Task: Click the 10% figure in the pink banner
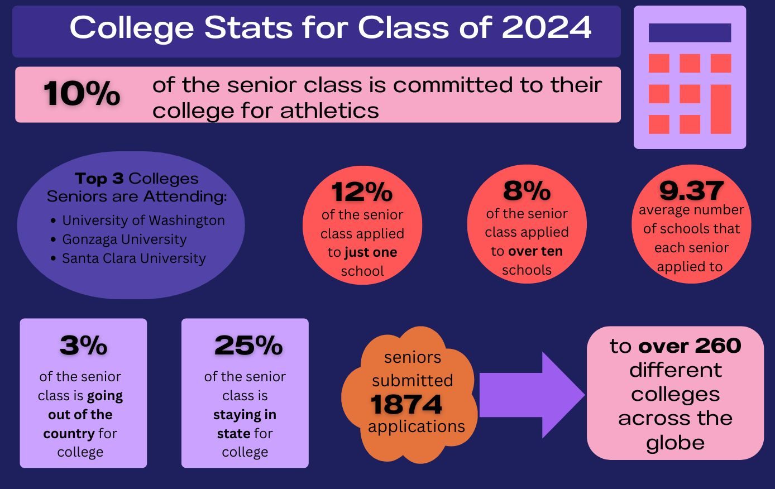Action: [82, 93]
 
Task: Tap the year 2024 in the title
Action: [546, 27]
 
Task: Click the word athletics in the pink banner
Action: [329, 110]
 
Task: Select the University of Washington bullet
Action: [143, 220]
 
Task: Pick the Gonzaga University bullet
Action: [124, 239]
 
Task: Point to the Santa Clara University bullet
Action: [133, 258]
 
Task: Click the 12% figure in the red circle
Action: [362, 192]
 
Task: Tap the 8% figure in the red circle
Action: [527, 191]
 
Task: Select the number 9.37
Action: [691, 191]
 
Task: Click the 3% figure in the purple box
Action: [83, 346]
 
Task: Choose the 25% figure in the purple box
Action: [248, 346]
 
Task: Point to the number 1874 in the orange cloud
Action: [406, 404]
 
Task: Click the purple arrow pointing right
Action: [530, 395]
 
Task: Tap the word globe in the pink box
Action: [675, 443]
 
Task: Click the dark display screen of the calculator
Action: [690, 33]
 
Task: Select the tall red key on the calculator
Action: [721, 109]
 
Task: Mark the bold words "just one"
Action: [371, 252]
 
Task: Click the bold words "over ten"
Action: [535, 251]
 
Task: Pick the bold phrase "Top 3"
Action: [99, 179]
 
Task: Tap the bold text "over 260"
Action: [690, 346]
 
